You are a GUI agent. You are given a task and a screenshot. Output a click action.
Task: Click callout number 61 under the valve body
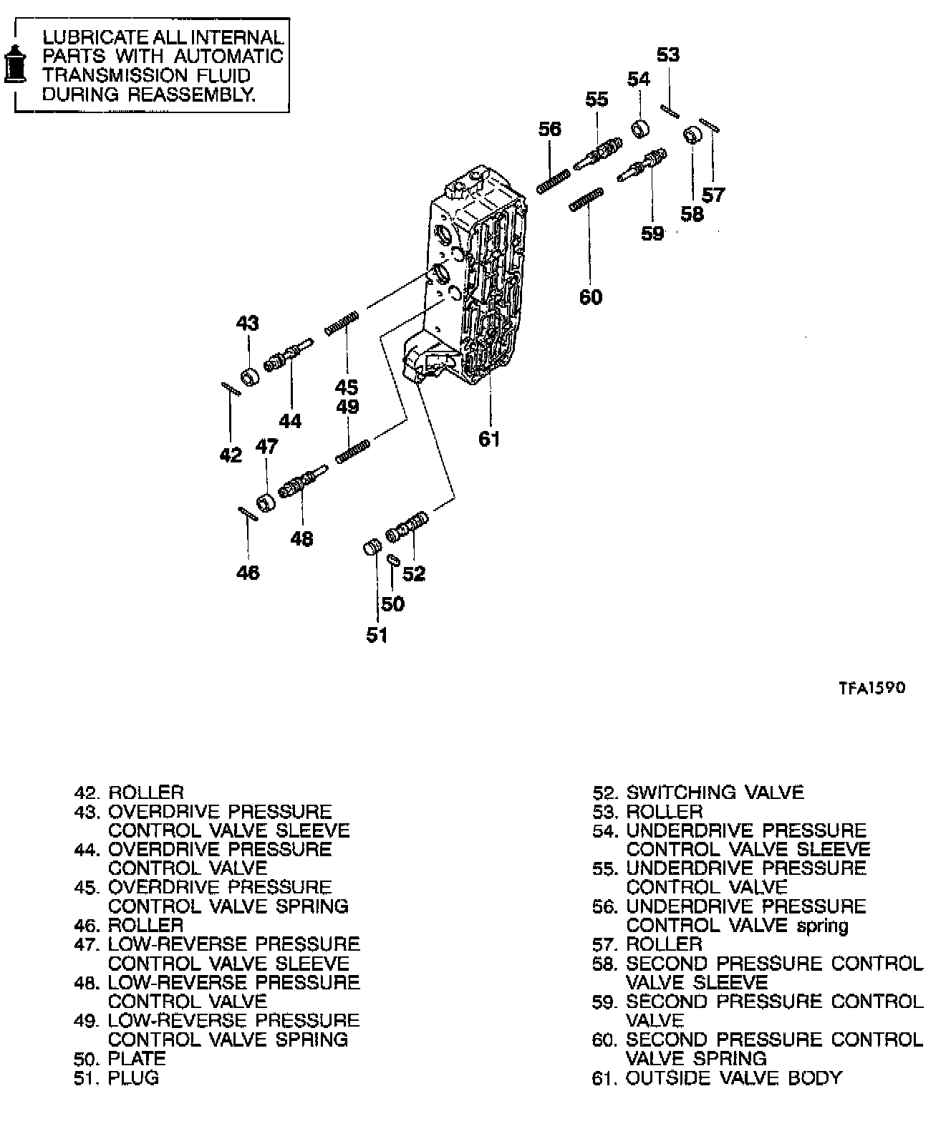pyautogui.click(x=489, y=439)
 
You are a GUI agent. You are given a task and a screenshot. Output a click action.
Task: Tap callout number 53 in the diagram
pyautogui.click(x=667, y=55)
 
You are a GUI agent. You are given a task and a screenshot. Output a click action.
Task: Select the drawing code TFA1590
pyautogui.click(x=872, y=688)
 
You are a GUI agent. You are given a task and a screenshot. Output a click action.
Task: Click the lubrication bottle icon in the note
pyautogui.click(x=15, y=64)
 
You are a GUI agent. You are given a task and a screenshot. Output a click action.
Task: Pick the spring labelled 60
pyautogui.click(x=586, y=200)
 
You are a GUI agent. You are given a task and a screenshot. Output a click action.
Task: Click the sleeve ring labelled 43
pyautogui.click(x=250, y=376)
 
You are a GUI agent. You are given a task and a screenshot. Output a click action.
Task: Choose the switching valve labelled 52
pyautogui.click(x=407, y=528)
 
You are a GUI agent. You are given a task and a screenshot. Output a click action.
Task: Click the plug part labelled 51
pyautogui.click(x=371, y=548)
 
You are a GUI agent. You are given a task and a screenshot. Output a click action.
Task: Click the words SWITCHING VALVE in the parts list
pyautogui.click(x=715, y=792)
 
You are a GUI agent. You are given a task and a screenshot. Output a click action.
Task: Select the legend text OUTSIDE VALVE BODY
pyautogui.click(x=734, y=1077)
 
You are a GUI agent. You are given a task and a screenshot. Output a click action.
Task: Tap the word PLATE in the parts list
pyautogui.click(x=137, y=1058)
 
